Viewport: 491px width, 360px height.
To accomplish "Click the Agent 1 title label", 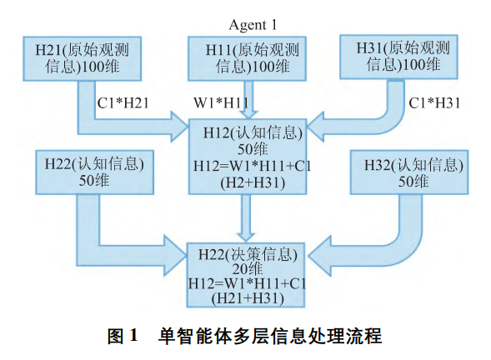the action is coord(253,25).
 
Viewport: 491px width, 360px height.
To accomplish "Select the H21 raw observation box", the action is coord(82,58).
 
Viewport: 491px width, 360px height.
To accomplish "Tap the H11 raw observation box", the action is coord(247,58).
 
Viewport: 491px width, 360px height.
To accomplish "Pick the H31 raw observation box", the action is coord(398,57).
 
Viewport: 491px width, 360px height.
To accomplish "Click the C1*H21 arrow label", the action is coord(123,103).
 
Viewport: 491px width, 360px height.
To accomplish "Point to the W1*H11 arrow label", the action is coord(221,103).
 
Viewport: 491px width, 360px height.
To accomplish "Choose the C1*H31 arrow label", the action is coord(434,103).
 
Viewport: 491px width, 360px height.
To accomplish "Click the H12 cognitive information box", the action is coord(248,157).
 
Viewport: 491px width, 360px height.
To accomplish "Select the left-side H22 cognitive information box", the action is coord(94,172).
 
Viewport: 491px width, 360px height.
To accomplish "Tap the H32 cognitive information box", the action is coord(409,172).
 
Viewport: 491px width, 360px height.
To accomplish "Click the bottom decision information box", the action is coord(246,275).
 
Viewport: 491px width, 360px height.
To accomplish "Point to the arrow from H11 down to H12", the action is coord(248,99).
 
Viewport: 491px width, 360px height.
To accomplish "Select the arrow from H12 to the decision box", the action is coord(246,218).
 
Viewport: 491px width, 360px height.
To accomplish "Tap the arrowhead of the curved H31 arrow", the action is coord(316,127).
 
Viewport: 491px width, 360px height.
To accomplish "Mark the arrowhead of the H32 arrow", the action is coord(319,256).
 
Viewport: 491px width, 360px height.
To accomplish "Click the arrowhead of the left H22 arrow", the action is coord(175,256).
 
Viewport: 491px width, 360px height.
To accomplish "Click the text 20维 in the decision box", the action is coord(248,269).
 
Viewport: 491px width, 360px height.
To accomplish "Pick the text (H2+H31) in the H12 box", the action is coord(253,182).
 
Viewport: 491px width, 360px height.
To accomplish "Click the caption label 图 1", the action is coord(123,336).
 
